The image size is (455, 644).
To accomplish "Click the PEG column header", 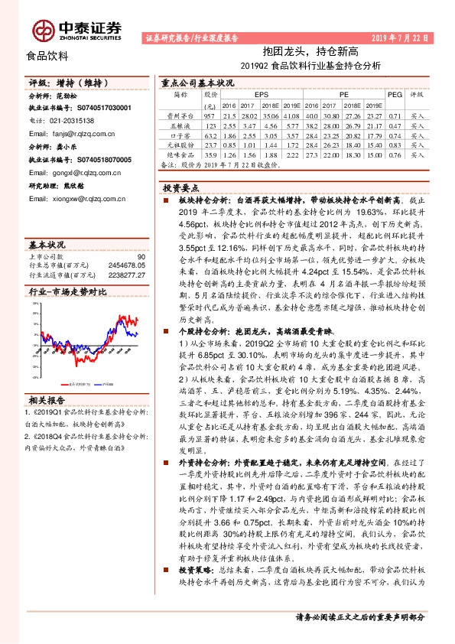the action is (x=395, y=95).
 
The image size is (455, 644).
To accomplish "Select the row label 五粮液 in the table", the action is (x=180, y=124).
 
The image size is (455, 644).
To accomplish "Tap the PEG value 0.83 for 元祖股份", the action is (x=395, y=144).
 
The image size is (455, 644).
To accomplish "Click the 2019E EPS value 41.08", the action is (x=289, y=114).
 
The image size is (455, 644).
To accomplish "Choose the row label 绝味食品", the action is (x=180, y=154).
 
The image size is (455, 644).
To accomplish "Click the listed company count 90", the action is (x=141, y=256).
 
